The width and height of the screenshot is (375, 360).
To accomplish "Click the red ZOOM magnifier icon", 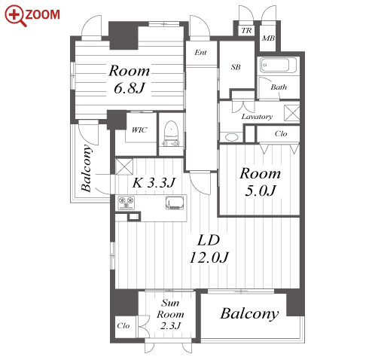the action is [16, 15].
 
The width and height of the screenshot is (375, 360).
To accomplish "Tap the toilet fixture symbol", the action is [171, 133].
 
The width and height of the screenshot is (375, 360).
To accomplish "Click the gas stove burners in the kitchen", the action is [127, 203].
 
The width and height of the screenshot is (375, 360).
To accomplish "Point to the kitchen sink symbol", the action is [175, 203].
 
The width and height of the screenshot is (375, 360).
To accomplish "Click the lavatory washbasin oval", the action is [231, 137].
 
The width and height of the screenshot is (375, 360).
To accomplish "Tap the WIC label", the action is [139, 130].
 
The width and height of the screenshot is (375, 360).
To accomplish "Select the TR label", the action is [246, 31].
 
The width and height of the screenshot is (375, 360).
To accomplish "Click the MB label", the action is [268, 38].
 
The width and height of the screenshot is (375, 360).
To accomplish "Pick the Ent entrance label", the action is [200, 53].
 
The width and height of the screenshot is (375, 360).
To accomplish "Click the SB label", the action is [236, 67].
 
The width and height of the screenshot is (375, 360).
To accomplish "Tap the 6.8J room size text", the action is [130, 88].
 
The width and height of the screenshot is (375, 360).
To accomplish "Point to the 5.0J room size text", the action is [261, 191].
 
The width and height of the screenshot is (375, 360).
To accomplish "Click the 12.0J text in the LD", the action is [209, 257].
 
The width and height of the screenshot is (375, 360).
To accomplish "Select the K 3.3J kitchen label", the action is [154, 182].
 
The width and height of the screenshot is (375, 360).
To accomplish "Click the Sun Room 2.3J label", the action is [170, 314].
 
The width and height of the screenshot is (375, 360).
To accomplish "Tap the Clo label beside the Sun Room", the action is [123, 325].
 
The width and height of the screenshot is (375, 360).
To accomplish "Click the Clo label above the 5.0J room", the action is [281, 133].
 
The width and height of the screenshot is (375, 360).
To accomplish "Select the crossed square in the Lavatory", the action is [291, 113].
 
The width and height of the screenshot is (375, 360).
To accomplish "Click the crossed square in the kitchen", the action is [124, 166].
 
